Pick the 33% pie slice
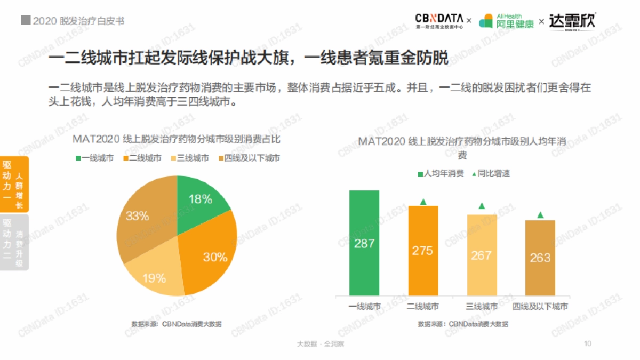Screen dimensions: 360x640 pyautogui.click(x=141, y=219)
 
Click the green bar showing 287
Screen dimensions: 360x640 pyautogui.click(x=364, y=243)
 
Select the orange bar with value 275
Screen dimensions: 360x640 pyautogui.click(x=423, y=251)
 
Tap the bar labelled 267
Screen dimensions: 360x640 pyautogui.click(x=482, y=255)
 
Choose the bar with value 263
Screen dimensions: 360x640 pyautogui.click(x=540, y=258)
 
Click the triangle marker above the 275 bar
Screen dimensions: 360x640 pyautogui.click(x=423, y=202)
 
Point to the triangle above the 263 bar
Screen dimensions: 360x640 pyautogui.click(x=540, y=215)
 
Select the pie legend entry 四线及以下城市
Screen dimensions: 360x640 pyautogui.click(x=249, y=158)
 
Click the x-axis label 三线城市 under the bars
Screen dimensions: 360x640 pyautogui.click(x=482, y=307)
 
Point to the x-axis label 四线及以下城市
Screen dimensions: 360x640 pyautogui.click(x=540, y=307)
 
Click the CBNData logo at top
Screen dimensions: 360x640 pyautogui.click(x=439, y=21)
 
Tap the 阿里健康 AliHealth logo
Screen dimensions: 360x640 pyautogui.click(x=506, y=21)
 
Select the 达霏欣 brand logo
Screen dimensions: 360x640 pyautogui.click(x=572, y=21)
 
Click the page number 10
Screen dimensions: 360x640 pyautogui.click(x=588, y=343)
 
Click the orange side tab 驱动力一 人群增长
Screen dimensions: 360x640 pyautogui.click(x=14, y=185)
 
